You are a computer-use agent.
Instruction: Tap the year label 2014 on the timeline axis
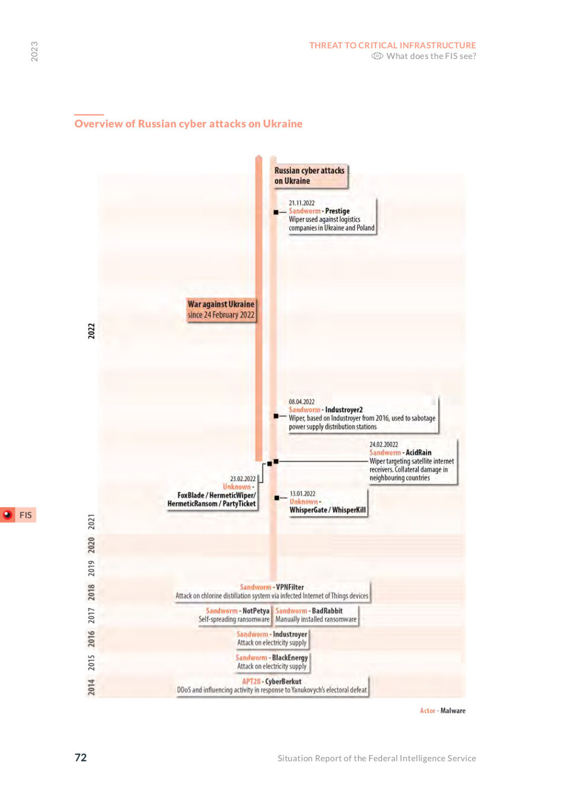click(92, 687)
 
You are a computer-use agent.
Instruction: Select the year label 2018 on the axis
click(92, 592)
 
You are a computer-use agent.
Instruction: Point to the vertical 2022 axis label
click(92, 331)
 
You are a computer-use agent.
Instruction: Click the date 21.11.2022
click(301, 203)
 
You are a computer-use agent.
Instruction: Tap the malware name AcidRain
click(418, 452)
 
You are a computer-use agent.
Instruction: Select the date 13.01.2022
click(302, 493)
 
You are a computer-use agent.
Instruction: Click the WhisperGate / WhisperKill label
click(327, 510)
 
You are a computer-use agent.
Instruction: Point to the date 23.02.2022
click(243, 479)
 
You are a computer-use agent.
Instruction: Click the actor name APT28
click(251, 681)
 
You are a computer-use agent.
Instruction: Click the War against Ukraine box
click(221, 310)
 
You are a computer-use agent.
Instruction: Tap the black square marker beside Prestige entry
click(276, 212)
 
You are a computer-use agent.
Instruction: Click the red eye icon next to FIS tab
click(7, 515)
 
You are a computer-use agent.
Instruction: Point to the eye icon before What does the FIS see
click(377, 56)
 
